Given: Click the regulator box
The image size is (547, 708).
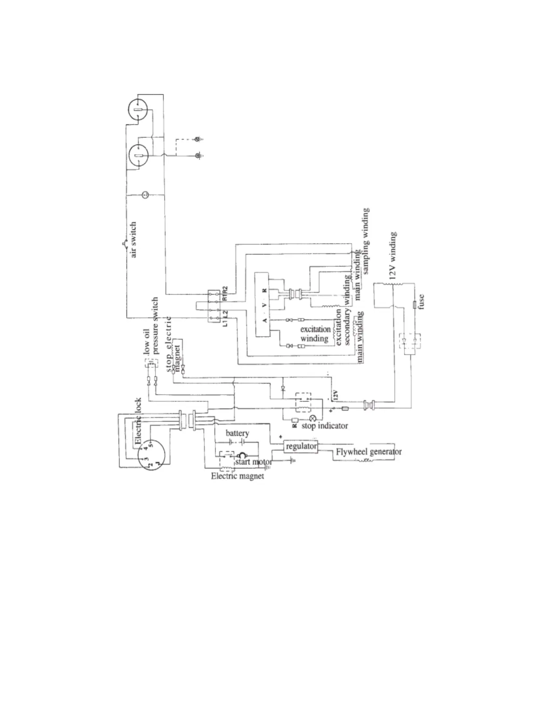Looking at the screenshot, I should tap(301, 447).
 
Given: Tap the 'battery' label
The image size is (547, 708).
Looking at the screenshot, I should tap(237, 433).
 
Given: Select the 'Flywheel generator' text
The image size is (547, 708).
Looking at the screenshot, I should tap(368, 451).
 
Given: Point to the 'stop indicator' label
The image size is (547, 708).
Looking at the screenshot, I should tap(324, 426).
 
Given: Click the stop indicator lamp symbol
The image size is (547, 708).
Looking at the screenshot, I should tap(312, 418).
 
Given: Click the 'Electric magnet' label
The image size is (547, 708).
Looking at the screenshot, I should tap(237, 476).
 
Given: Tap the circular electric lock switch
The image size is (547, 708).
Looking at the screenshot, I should tap(151, 452).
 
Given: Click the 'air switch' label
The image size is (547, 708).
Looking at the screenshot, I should tap(134, 240).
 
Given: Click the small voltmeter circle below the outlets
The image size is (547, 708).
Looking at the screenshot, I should tap(145, 195).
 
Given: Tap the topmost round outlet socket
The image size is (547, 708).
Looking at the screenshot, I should tap(138, 109).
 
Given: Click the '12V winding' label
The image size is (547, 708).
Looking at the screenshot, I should tap(393, 256).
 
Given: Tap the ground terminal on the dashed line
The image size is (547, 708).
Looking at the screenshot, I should tap(198, 139).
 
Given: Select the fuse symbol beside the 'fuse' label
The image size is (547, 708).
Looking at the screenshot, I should tap(415, 305).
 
